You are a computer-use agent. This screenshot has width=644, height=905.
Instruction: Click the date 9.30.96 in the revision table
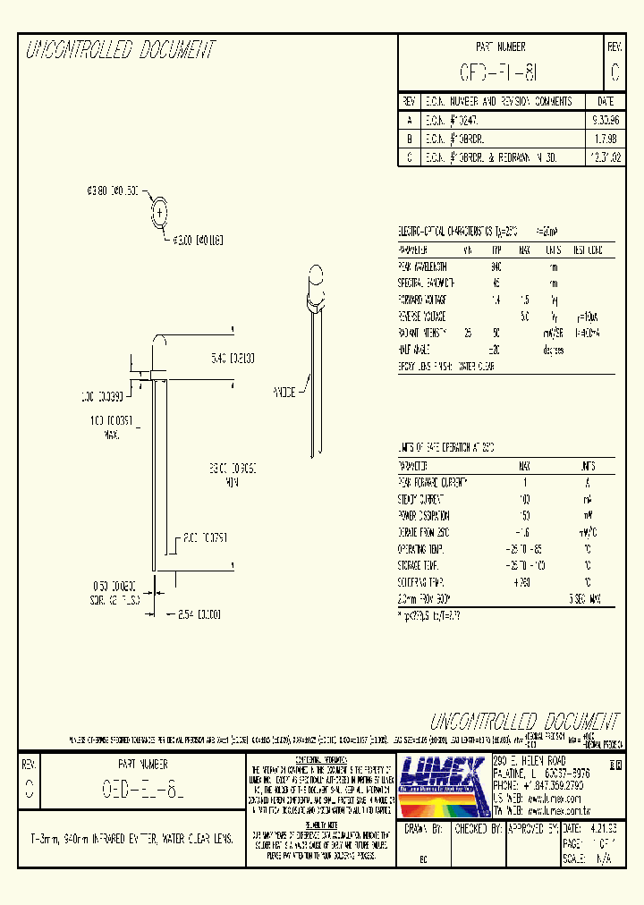605,120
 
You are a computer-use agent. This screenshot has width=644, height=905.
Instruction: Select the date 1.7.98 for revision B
605,139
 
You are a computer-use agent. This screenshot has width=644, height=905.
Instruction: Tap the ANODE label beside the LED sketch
285,393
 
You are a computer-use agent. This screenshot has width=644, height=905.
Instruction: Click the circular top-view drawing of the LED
160,213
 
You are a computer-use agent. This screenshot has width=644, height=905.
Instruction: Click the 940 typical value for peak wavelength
496,266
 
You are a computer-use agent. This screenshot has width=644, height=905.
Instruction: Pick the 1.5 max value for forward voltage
525,300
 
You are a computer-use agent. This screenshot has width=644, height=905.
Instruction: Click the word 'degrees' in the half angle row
553,350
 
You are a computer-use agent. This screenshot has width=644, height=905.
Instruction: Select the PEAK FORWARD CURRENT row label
433,482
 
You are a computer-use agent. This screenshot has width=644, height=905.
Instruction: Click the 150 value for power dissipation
525,515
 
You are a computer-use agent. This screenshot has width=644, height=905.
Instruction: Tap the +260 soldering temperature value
524,582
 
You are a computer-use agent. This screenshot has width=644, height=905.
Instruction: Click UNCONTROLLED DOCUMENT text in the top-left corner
121,50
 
